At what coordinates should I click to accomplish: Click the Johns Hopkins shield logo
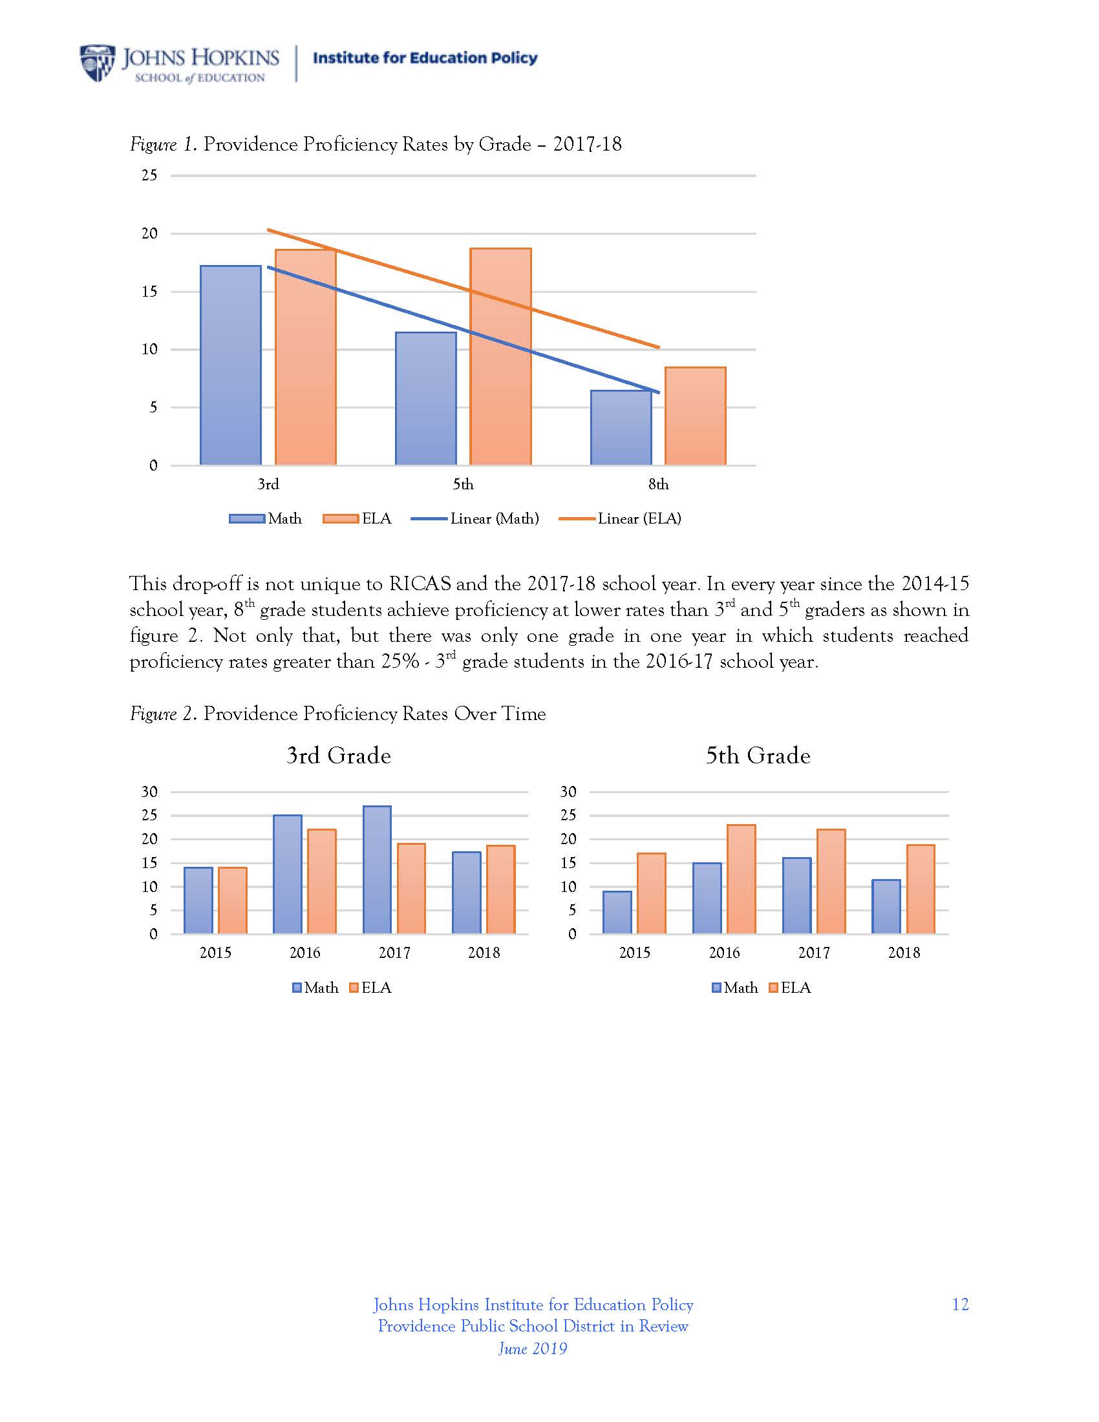pos(98,63)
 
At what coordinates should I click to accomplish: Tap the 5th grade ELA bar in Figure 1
pos(500,356)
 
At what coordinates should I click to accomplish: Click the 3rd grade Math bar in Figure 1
pos(231,365)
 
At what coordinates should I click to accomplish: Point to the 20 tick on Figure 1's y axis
pos(150,233)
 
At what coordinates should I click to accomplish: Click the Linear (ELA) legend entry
pos(621,518)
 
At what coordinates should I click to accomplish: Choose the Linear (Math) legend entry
pos(476,518)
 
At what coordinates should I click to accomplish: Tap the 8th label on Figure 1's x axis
pos(658,484)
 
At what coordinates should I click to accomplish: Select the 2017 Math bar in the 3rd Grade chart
pos(377,869)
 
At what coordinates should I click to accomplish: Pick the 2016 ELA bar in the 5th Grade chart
pos(742,879)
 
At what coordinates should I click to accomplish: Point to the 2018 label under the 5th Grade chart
pos(904,953)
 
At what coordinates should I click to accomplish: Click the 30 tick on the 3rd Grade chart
pos(150,792)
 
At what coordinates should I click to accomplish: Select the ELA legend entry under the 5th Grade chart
pos(790,988)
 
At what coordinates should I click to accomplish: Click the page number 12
pos(960,1304)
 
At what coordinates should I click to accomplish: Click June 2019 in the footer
pos(533,1348)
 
